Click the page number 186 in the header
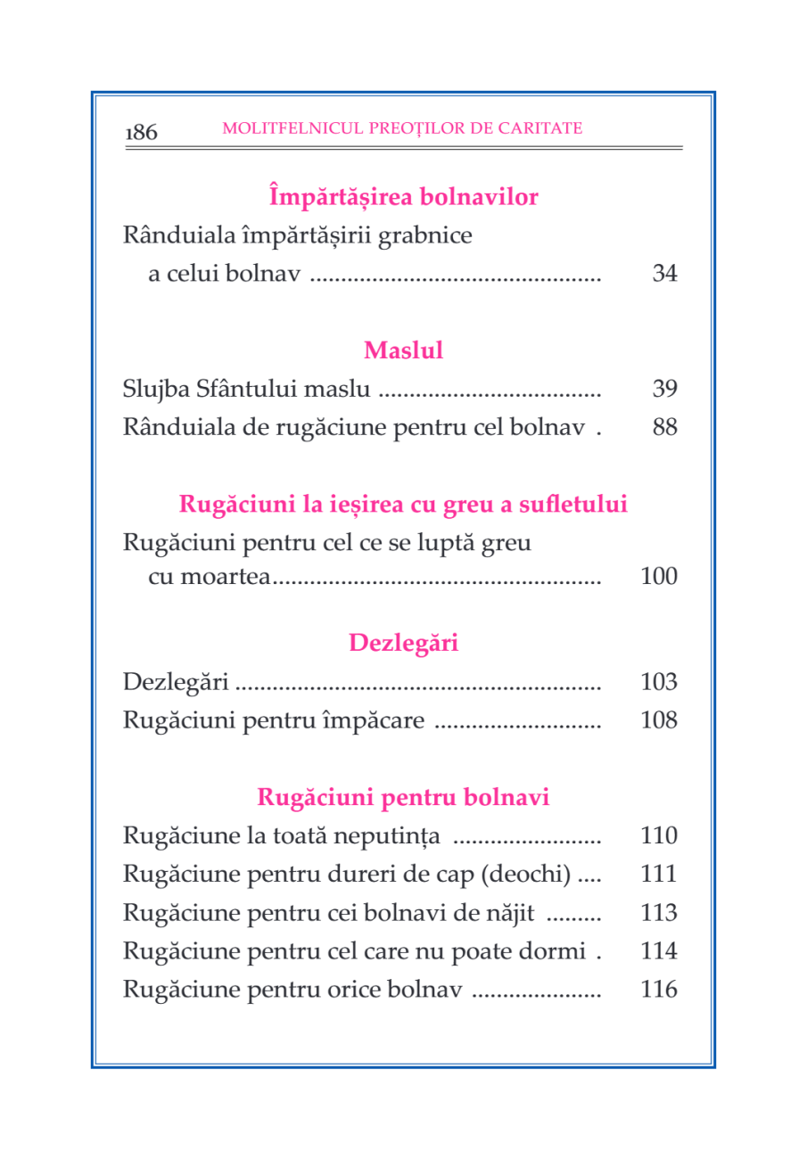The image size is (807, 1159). pos(142,134)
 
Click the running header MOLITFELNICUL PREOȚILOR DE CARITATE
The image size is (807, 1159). pos(403,127)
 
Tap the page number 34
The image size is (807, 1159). pos(664,274)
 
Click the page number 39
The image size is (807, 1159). pos(664,390)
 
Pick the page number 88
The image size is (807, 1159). pos(664,428)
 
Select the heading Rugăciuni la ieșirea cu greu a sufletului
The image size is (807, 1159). pos(404,505)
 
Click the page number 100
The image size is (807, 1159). pos(659,578)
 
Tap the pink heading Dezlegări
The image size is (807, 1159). pos(404,642)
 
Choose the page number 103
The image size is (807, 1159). pos(659,683)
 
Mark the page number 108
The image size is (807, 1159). pos(659,720)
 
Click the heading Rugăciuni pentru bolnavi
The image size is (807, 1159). pos(404,797)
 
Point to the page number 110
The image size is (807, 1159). pos(659,837)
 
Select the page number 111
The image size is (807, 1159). pos(659,875)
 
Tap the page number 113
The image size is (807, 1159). pos(659,914)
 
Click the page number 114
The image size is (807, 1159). pos(659,951)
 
